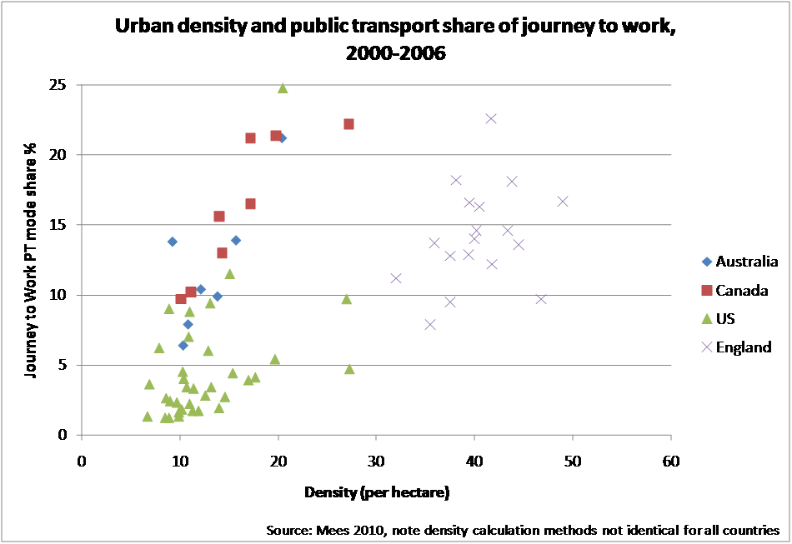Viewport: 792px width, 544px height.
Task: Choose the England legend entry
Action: [737, 347]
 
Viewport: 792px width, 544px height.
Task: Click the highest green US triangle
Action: [283, 87]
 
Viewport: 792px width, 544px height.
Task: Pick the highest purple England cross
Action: [491, 118]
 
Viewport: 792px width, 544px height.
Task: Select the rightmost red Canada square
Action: [348, 124]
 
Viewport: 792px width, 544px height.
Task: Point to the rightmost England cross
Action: [563, 202]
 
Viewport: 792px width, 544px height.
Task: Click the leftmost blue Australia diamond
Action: [173, 242]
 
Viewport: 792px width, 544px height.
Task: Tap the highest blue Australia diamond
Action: [282, 138]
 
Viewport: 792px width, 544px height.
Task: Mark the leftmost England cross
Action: [396, 278]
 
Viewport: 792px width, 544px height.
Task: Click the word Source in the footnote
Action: [286, 530]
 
